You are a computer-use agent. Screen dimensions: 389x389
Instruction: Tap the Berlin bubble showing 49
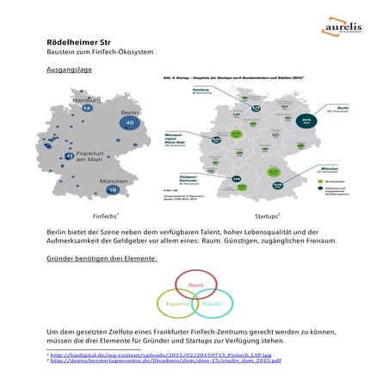click(x=129, y=125)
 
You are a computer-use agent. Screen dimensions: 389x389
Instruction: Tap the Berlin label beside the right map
click(x=330, y=110)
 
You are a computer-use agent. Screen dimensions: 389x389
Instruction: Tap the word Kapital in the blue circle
click(x=212, y=305)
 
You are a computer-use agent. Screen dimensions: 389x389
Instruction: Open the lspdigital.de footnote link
click(x=139, y=355)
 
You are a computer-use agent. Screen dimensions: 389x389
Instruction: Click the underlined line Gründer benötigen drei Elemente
click(x=102, y=258)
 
